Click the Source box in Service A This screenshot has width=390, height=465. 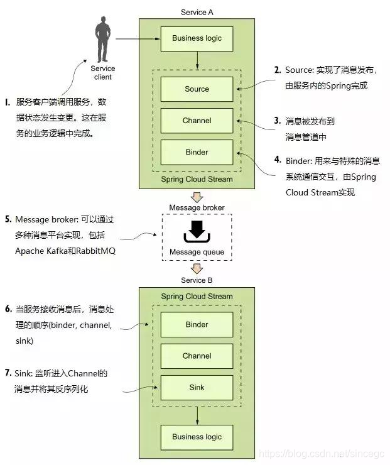coord(197,89)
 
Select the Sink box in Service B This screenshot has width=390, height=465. coord(197,388)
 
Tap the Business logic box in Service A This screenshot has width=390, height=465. coord(197,39)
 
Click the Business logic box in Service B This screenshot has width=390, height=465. coord(197,437)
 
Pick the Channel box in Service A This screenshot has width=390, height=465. coord(197,121)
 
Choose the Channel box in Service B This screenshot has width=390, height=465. coord(197,356)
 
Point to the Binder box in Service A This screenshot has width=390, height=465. coord(197,152)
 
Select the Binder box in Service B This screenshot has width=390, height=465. coord(197,325)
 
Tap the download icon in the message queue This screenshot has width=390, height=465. coord(197,232)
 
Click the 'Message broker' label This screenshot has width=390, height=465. coord(197,207)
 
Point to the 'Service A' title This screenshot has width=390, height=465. coord(197,12)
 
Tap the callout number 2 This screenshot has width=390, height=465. coord(277,70)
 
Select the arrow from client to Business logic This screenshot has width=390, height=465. coord(135,39)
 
